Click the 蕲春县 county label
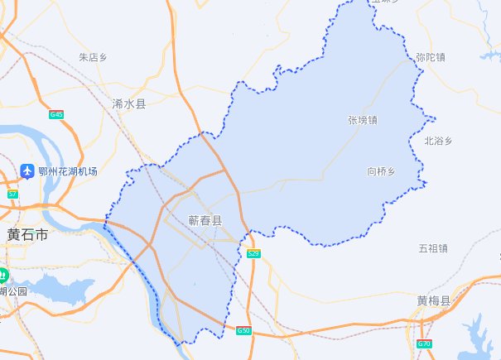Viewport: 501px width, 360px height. (205, 221)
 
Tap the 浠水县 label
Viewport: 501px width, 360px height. (128, 104)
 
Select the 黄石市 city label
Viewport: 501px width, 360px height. (26, 235)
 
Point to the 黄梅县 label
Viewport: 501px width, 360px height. (433, 300)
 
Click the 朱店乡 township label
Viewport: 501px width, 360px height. (94, 58)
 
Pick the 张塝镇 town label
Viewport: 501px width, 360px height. (362, 121)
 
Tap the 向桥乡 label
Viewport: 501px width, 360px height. (382, 171)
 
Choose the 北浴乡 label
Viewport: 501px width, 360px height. (437, 142)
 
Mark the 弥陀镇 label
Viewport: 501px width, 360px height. (431, 58)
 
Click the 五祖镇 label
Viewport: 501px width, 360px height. (433, 248)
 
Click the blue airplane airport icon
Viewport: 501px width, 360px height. (27, 171)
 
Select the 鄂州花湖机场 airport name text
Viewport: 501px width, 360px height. (67, 171)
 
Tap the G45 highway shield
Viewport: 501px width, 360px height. (56, 114)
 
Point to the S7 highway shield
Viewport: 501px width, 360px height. (12, 194)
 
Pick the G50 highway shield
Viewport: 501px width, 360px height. (243, 330)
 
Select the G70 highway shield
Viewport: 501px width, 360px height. (425, 343)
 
